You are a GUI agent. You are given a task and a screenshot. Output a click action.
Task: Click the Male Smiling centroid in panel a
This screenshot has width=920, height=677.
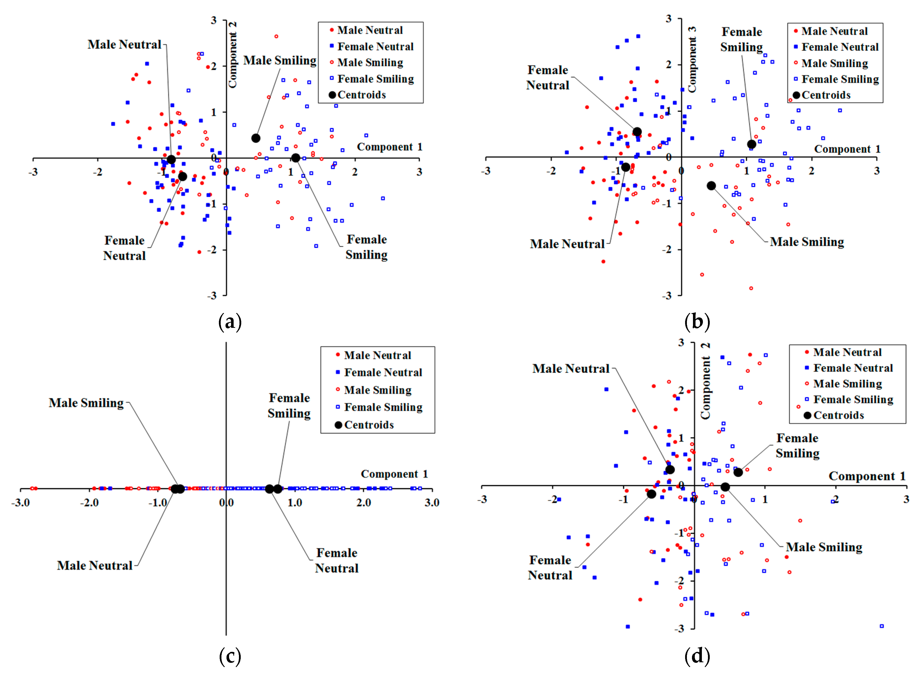[x=256, y=138]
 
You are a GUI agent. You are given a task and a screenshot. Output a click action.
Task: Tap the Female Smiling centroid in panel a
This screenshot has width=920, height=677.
[x=296, y=158]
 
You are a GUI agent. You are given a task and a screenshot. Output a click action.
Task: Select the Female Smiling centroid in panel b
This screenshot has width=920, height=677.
[x=751, y=144]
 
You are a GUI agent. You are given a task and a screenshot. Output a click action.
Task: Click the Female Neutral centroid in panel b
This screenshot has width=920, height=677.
[x=637, y=132]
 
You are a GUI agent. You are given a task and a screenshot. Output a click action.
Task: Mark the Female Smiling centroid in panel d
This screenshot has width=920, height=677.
[x=738, y=472]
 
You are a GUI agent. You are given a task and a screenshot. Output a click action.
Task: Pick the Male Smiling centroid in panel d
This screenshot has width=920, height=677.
[x=725, y=487]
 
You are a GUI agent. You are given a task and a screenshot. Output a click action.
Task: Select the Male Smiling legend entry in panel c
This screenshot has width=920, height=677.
[x=377, y=390]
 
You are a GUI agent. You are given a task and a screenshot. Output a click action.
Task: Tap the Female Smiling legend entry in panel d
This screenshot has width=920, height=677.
[x=853, y=399]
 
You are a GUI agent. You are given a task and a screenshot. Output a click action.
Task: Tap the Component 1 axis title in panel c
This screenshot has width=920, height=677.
[x=394, y=474]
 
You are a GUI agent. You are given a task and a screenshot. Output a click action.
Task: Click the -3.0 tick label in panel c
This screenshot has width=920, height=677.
[x=21, y=503]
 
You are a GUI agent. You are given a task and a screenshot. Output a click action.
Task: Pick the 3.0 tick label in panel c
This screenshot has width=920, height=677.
[x=431, y=503]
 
